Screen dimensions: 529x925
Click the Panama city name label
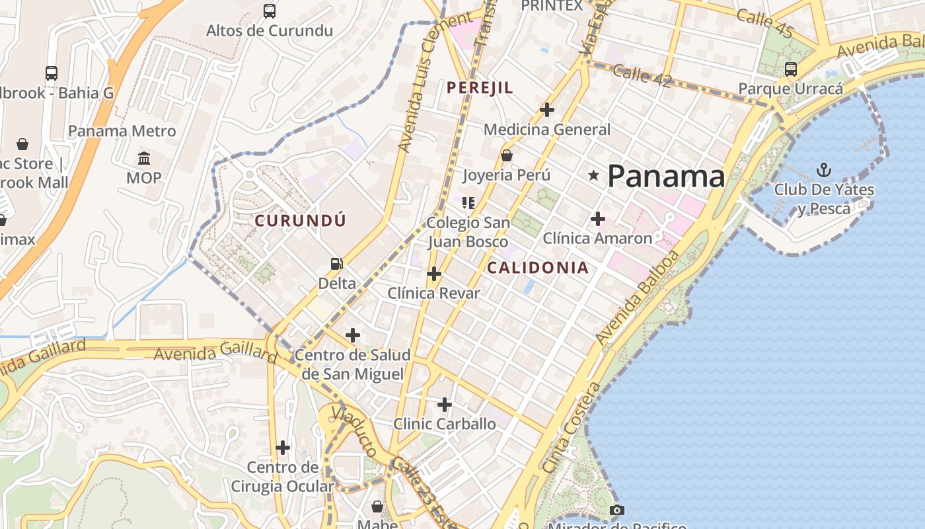point(665,177)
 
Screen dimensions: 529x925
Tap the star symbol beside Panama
point(594,175)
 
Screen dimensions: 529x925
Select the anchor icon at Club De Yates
point(823,170)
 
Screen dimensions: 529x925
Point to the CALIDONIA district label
point(537,268)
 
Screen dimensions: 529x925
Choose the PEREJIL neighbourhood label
point(480,88)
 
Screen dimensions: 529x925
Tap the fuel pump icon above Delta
point(337,264)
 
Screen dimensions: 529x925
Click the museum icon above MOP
point(144,159)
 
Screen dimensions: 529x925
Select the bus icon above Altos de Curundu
point(269,11)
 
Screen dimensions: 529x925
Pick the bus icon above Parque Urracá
point(790,69)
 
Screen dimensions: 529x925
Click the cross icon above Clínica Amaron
point(597,219)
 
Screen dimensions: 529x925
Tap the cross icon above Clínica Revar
point(433,274)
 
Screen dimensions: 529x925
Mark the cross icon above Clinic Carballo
point(445,404)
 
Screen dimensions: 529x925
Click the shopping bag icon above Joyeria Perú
point(507,156)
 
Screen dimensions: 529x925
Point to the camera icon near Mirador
point(616,510)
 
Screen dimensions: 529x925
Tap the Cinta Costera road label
point(572,427)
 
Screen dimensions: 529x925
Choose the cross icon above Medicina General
point(546,110)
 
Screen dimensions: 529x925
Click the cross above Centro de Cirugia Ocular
point(283,448)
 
